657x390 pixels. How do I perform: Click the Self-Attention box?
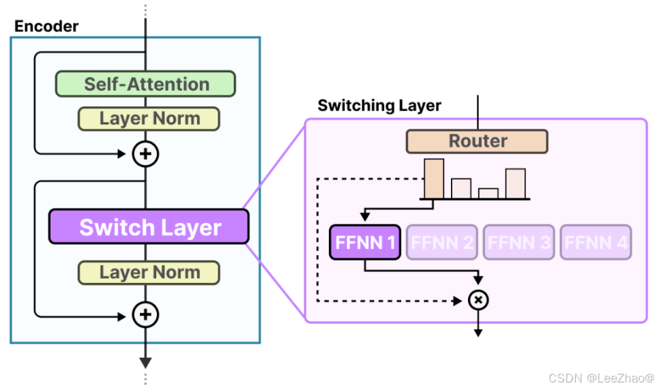[x=145, y=84]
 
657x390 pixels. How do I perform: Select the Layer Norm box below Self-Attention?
[x=149, y=119]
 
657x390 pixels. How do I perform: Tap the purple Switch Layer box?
[x=149, y=227]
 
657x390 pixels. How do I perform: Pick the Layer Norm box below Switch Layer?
[x=149, y=273]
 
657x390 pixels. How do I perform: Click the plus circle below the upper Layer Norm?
[x=145, y=154]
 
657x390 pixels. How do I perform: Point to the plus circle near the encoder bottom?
[x=145, y=315]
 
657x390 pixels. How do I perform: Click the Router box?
[x=477, y=141]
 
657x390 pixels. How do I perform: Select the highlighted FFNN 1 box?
[x=364, y=242]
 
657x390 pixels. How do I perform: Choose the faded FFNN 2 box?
[x=441, y=242]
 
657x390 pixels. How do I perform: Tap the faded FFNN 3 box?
[x=518, y=242]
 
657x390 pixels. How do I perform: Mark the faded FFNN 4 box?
[x=595, y=242]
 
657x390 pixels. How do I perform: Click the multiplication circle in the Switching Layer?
[x=478, y=300]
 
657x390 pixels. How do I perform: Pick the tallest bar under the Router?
[x=434, y=178]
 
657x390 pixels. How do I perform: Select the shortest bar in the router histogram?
[x=488, y=193]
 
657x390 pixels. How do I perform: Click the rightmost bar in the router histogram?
[x=515, y=183]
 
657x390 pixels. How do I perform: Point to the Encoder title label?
[x=46, y=27]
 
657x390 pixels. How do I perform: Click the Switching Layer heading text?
[x=379, y=106]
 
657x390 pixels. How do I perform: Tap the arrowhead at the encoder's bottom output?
[x=145, y=362]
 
